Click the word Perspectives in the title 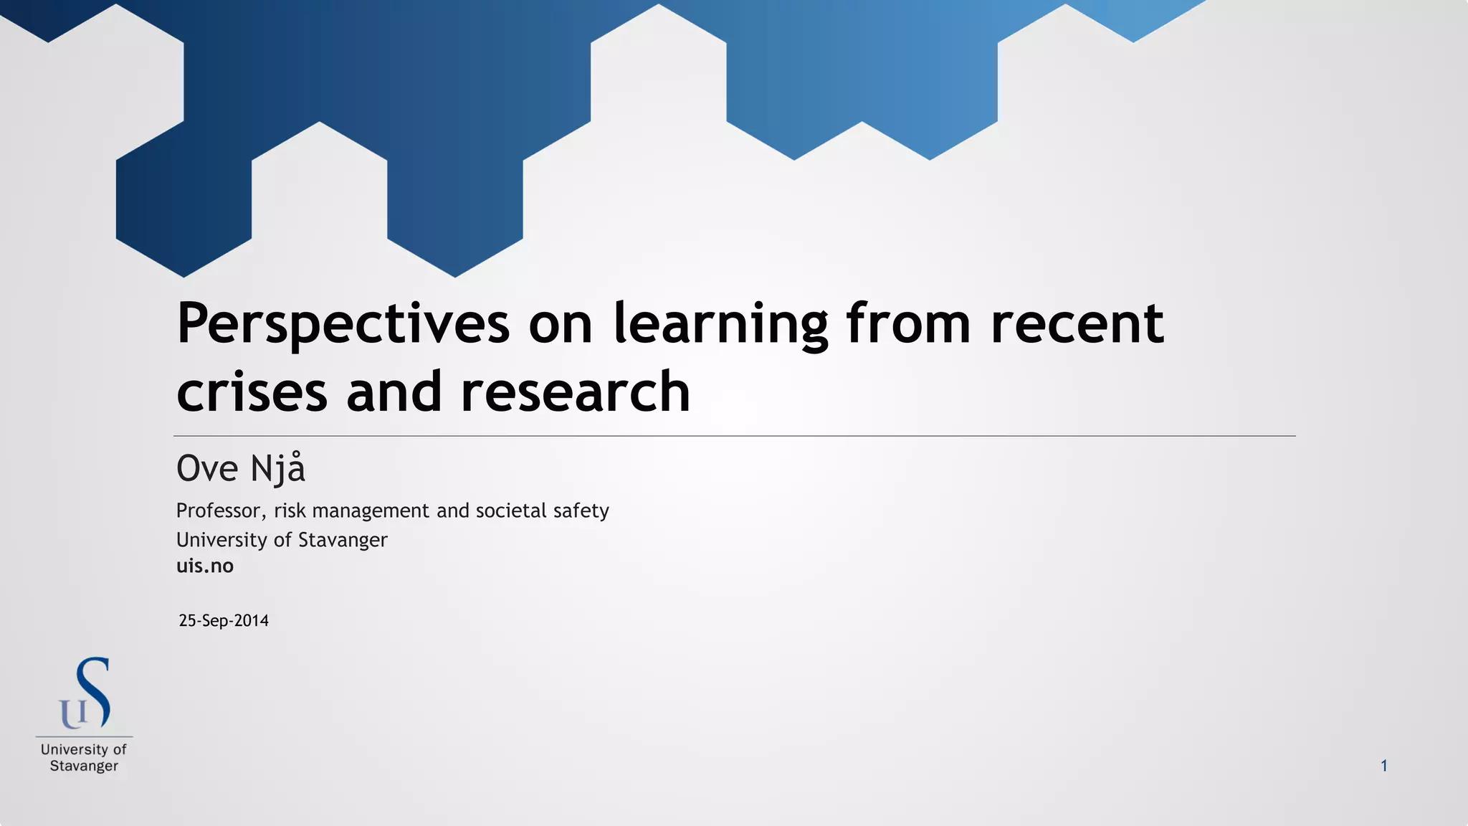click(343, 324)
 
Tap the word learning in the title click(720, 324)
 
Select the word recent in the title click(1077, 324)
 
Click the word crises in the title click(252, 391)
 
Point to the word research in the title click(575, 391)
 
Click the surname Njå click(277, 469)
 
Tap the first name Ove click(207, 469)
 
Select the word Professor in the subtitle click(221, 511)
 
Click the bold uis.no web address click(205, 566)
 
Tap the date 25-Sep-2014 click(224, 621)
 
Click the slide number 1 click(1384, 766)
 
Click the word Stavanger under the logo click(84, 766)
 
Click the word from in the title click(908, 324)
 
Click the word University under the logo click(74, 749)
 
